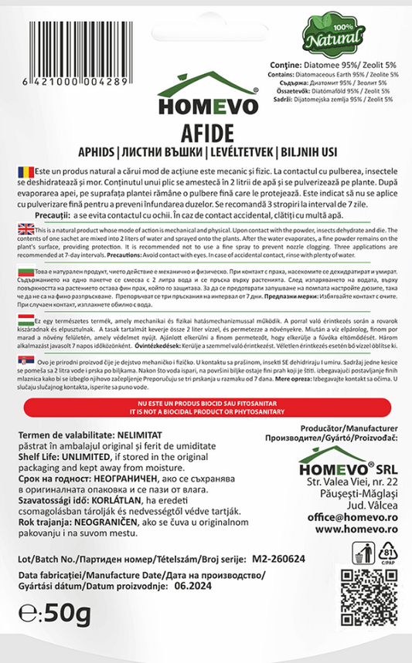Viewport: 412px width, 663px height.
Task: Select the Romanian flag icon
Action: (22, 168)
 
